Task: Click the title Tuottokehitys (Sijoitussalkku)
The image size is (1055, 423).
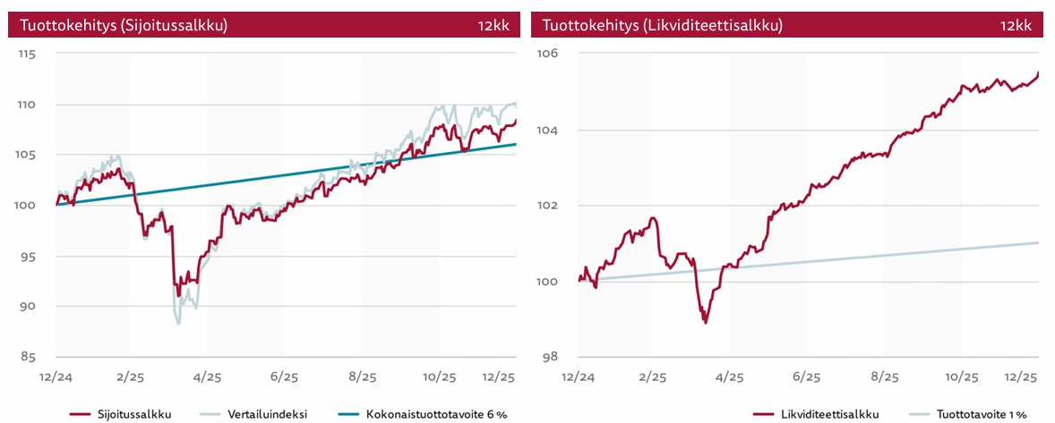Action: coord(118,26)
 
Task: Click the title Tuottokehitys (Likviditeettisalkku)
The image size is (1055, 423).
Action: coord(663,26)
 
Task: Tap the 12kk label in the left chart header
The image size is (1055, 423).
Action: coord(493,26)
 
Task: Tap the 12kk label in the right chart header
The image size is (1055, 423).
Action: coord(1016,26)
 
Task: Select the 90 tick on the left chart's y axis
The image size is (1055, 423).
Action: coord(28,307)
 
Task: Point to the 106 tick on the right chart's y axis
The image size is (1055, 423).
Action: coord(548,55)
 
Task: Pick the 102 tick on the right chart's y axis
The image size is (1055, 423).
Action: coord(548,206)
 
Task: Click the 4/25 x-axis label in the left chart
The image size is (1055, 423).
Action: coord(207,377)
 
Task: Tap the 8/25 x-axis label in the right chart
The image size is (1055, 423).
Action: coord(884,377)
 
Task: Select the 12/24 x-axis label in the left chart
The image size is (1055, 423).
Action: coord(56,377)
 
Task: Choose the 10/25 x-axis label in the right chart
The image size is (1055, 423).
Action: coord(961,377)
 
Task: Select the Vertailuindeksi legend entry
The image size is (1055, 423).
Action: coord(265,414)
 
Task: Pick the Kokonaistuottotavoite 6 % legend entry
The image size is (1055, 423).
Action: coord(436,414)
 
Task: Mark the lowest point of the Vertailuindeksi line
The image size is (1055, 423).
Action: coord(178,324)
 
